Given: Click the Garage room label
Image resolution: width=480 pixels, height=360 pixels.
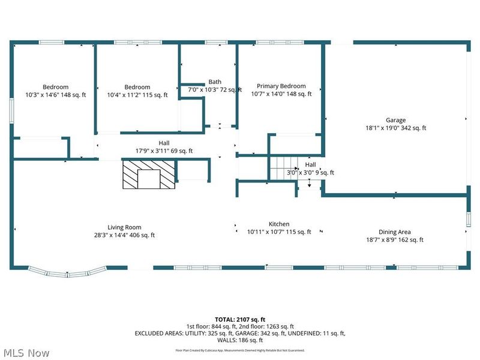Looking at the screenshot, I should (395, 120).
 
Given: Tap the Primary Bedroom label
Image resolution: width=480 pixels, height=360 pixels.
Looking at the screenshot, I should (281, 86).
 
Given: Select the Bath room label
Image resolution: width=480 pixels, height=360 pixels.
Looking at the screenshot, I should (215, 82).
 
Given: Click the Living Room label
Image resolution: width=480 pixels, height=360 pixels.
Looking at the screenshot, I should (124, 227).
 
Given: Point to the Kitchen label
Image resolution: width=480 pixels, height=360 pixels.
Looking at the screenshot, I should (279, 224).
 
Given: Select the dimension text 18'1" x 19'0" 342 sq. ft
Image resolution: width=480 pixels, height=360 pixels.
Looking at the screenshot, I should (395, 128).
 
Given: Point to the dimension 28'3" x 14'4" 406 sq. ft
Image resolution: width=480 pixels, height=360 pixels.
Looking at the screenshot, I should (124, 235).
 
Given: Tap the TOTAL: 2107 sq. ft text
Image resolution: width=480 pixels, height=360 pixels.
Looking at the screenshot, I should (239, 319).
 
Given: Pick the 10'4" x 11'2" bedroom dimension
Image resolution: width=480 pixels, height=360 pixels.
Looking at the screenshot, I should (137, 95).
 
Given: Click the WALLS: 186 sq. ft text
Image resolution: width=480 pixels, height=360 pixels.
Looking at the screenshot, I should (240, 340).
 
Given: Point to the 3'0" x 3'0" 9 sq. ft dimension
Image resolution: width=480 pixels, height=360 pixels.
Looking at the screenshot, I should (310, 173).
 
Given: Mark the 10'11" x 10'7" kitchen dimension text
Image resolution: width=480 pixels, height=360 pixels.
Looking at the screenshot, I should (279, 232).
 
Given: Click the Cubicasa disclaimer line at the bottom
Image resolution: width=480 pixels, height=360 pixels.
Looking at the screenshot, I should (240, 350).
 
